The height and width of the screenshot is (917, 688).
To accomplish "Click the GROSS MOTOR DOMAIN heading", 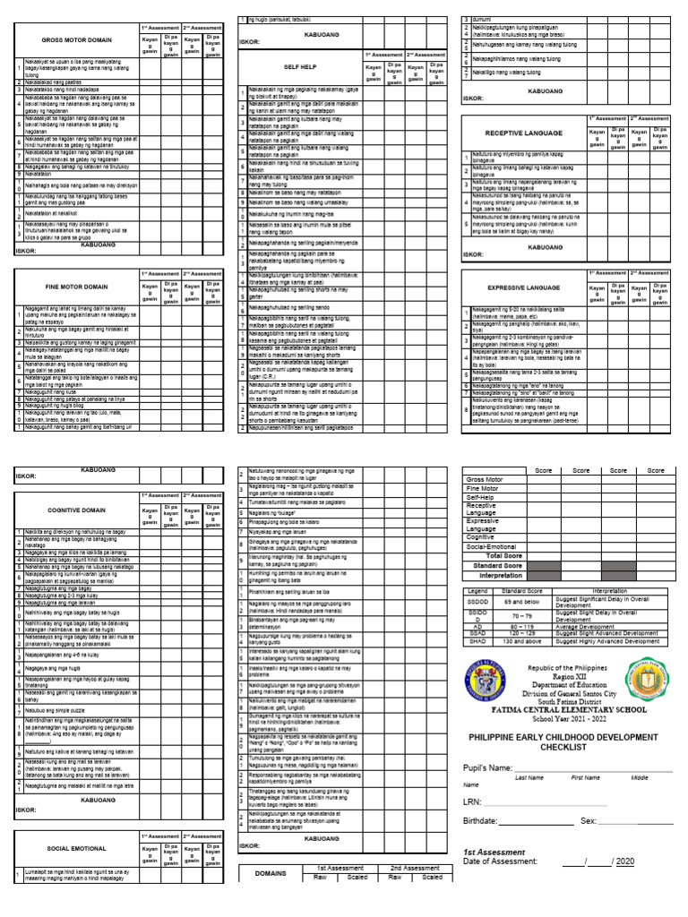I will (76, 41).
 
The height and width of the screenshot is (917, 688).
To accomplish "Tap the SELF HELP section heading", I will (297, 67).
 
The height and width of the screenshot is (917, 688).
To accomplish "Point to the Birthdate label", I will (485, 820).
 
